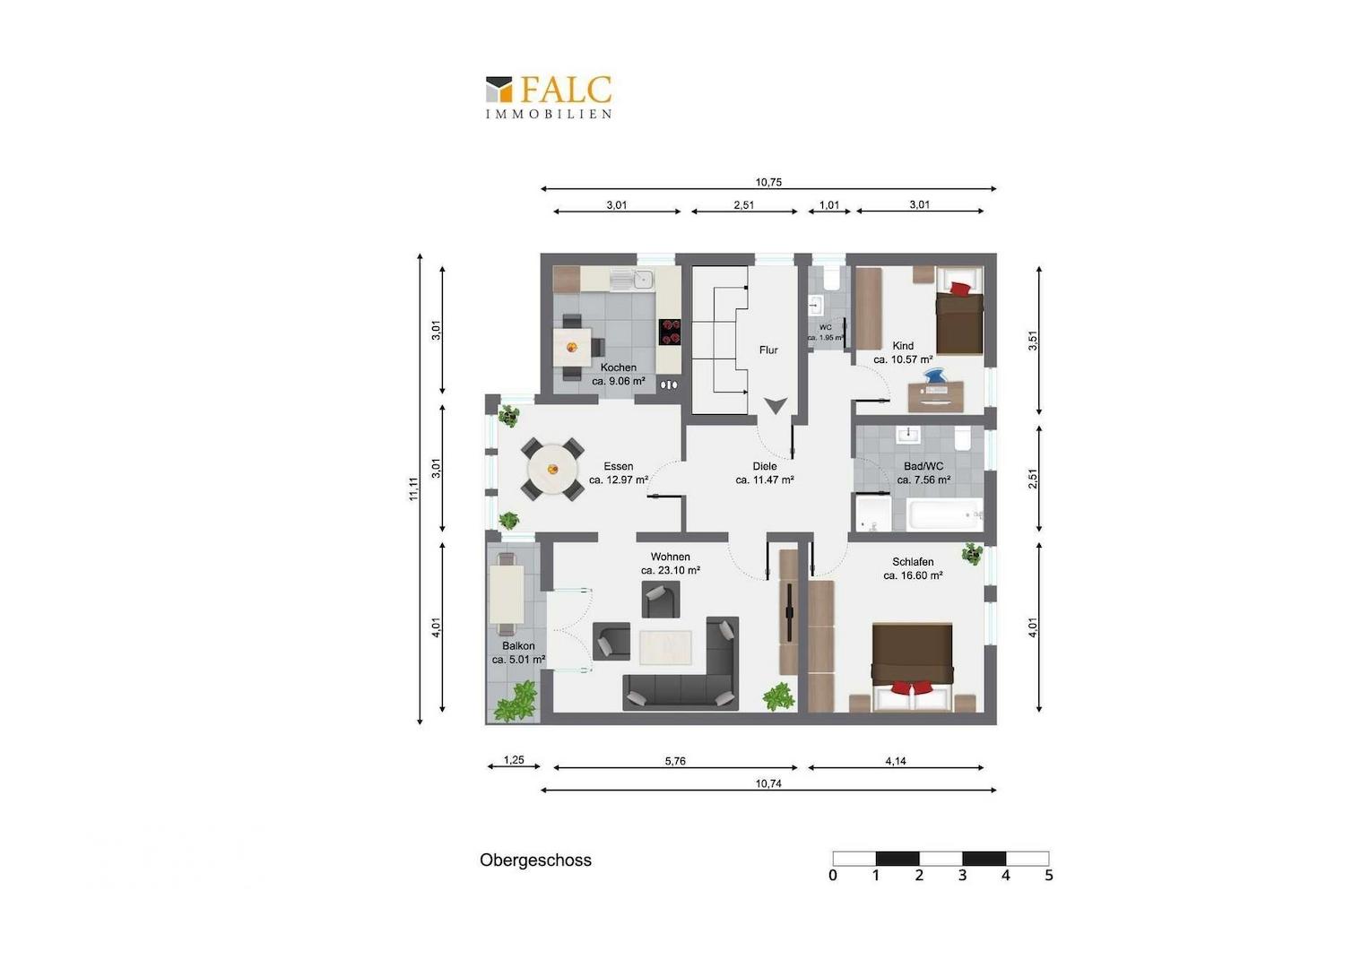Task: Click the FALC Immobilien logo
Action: [x=549, y=97]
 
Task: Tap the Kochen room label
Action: [x=619, y=367]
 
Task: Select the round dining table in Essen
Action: [x=552, y=469]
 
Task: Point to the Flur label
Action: [x=768, y=350]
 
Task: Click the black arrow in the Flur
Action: [x=775, y=405]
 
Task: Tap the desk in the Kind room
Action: [x=936, y=396]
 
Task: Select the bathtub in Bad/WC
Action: [x=945, y=514]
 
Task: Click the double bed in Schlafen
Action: [x=913, y=667]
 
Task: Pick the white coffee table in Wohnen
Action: [x=666, y=647]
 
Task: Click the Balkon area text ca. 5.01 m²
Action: [x=518, y=660]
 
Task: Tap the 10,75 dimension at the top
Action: [x=768, y=182]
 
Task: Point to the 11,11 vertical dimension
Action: [x=414, y=488]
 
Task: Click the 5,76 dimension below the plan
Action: [x=675, y=761]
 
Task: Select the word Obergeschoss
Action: [x=536, y=860]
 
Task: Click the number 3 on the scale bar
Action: [x=962, y=876]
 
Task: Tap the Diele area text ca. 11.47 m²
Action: [x=765, y=480]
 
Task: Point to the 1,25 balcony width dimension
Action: [x=514, y=760]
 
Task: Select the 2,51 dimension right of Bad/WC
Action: [x=1033, y=479]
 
